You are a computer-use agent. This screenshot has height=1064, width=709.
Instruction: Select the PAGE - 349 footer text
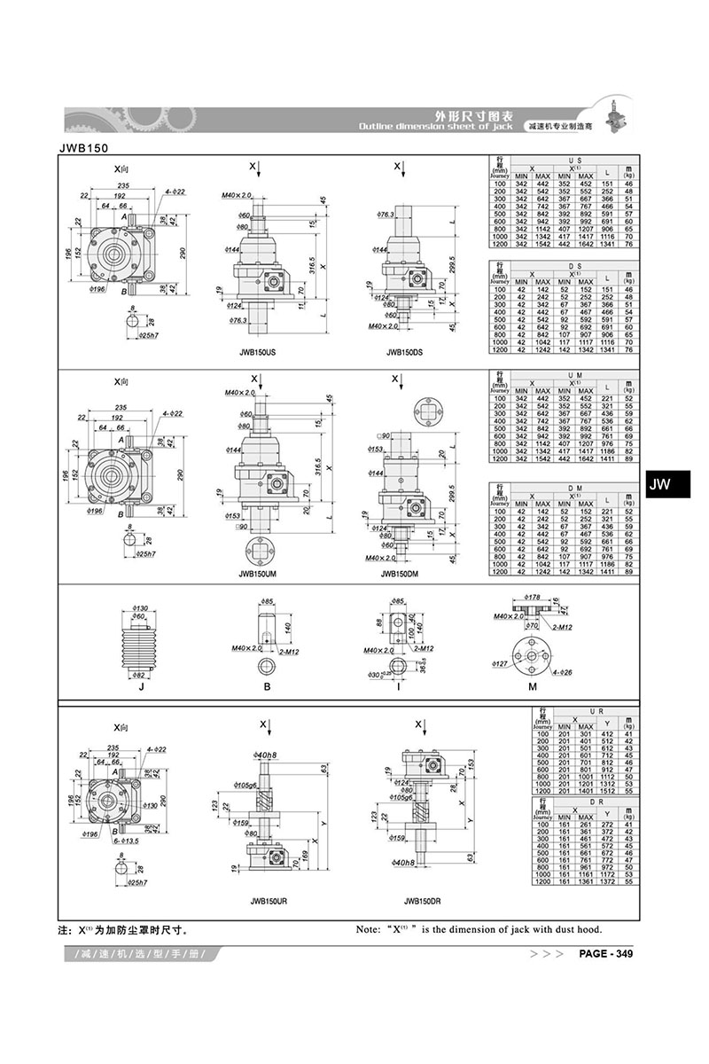click(604, 954)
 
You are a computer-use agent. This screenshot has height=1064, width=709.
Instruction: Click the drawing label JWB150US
click(257, 352)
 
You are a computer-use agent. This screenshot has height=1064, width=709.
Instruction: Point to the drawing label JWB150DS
click(405, 352)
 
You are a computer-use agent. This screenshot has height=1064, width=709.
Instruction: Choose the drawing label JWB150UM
click(257, 574)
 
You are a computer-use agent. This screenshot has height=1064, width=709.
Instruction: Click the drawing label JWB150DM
click(400, 574)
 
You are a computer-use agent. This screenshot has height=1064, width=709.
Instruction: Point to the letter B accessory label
click(267, 685)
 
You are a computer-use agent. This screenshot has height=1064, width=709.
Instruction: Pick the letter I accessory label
click(400, 685)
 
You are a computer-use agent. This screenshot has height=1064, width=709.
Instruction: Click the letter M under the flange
click(533, 685)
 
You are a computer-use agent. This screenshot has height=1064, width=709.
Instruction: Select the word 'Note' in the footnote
click(369, 930)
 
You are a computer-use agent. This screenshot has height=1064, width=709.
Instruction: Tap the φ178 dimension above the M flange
click(534, 597)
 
